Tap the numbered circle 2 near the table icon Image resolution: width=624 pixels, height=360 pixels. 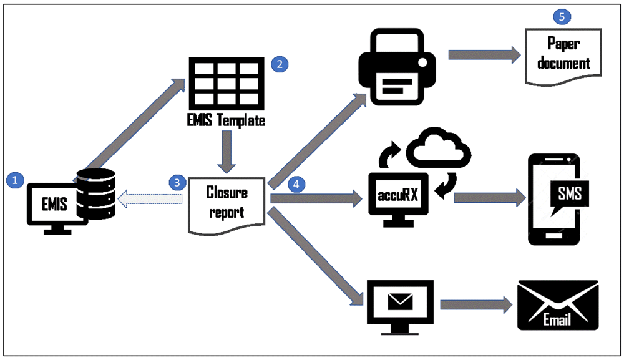278,64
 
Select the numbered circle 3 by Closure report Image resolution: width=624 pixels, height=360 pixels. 178,182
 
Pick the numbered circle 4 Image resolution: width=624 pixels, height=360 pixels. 297,185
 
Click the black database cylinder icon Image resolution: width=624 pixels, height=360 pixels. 95,193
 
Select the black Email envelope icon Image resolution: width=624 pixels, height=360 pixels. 558,305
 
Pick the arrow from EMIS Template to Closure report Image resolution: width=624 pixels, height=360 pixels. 227,152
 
